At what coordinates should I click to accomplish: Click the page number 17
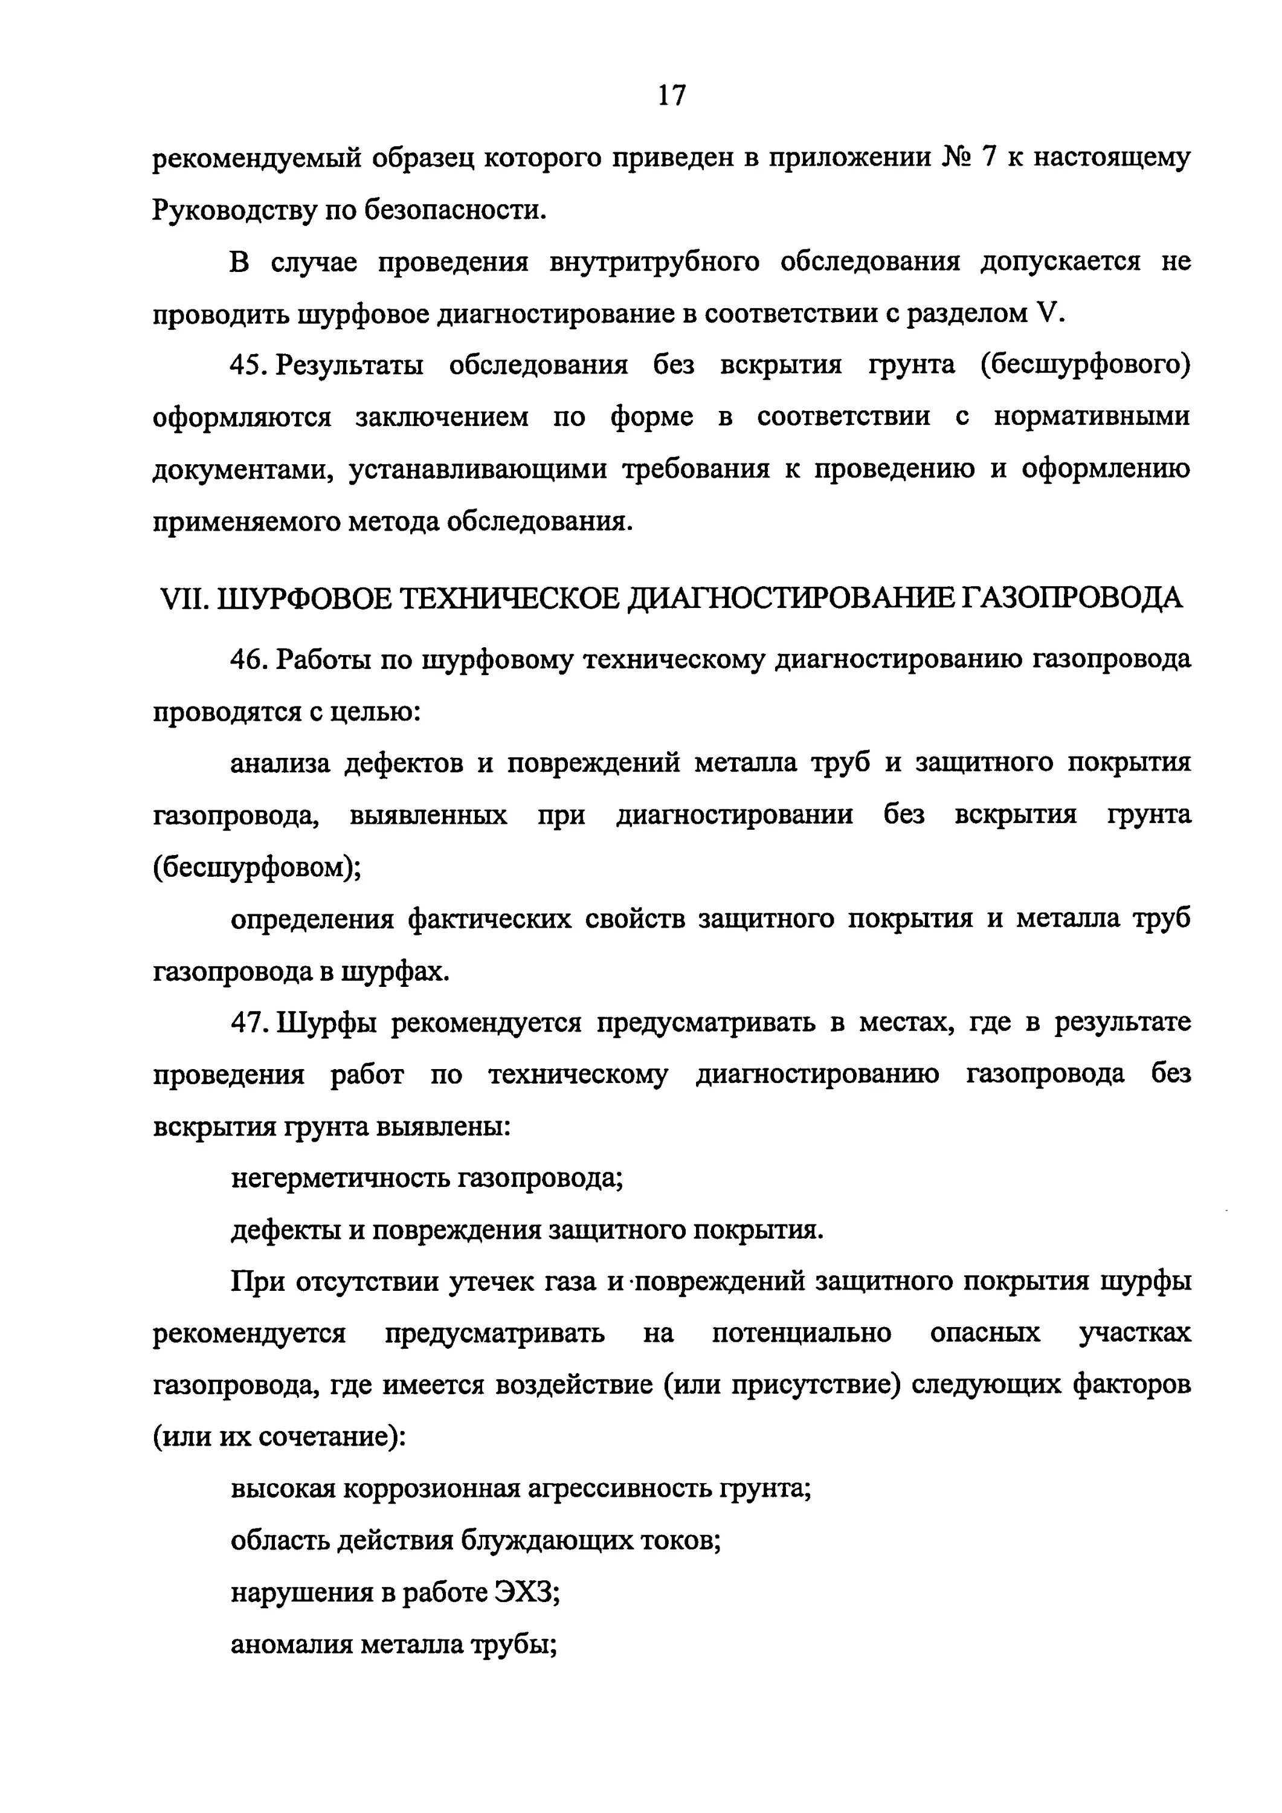672,96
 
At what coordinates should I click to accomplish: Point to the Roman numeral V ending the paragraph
1045,314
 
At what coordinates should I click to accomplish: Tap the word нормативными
1091,417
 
